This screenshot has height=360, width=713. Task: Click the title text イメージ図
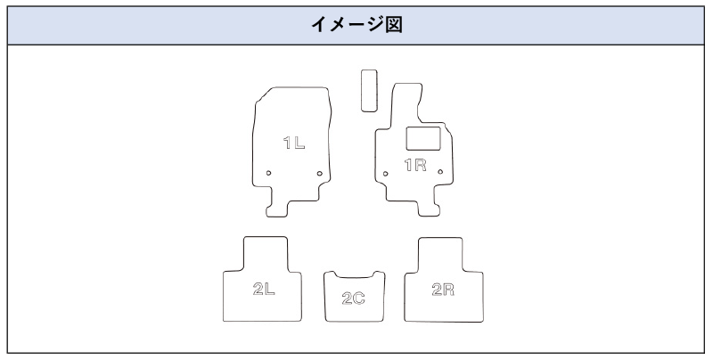click(x=356, y=25)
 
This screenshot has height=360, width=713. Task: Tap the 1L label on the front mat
click(x=294, y=143)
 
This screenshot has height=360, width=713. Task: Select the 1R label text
click(x=416, y=165)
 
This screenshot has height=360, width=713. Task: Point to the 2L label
click(x=263, y=289)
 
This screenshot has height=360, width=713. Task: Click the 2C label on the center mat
click(x=354, y=298)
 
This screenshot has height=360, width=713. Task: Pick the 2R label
click(x=442, y=289)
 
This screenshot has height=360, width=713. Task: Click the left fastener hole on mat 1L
click(x=269, y=173)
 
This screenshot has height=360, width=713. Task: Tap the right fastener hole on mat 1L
click(x=320, y=173)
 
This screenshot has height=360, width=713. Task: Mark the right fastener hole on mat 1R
click(x=440, y=172)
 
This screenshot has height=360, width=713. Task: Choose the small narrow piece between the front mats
click(x=368, y=90)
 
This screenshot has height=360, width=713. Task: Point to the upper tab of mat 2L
click(x=265, y=251)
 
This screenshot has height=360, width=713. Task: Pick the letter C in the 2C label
click(x=359, y=298)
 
